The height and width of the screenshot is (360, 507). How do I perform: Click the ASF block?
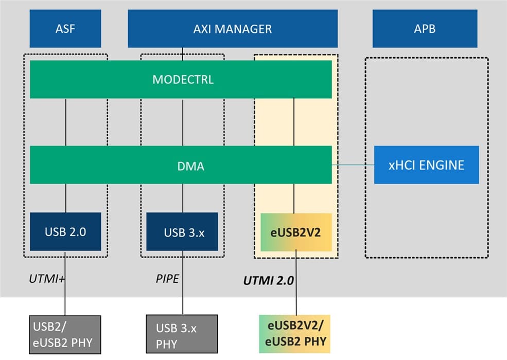65,29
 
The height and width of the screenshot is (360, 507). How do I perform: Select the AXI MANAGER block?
232,29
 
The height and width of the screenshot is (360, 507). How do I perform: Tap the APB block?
425,29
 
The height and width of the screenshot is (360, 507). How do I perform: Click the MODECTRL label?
183,80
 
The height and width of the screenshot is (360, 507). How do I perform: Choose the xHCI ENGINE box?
426,165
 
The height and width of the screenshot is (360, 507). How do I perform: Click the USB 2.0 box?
65,232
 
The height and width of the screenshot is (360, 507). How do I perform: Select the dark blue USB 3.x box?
184,232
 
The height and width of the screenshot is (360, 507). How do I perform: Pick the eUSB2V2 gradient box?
295,232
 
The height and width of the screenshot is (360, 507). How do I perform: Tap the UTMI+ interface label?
46,279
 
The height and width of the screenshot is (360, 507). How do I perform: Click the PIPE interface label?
167,279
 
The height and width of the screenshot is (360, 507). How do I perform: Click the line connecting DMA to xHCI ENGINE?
353,165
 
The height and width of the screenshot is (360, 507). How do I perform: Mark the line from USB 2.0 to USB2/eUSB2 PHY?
65,293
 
